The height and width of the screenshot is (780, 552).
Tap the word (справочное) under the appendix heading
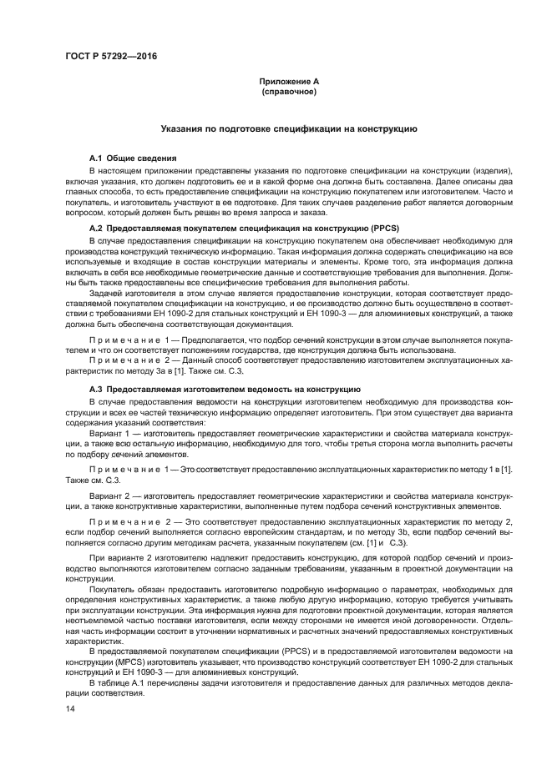tap(288, 92)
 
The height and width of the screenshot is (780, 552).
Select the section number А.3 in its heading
tap(96, 390)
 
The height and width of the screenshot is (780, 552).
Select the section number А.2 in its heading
tap(96, 228)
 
